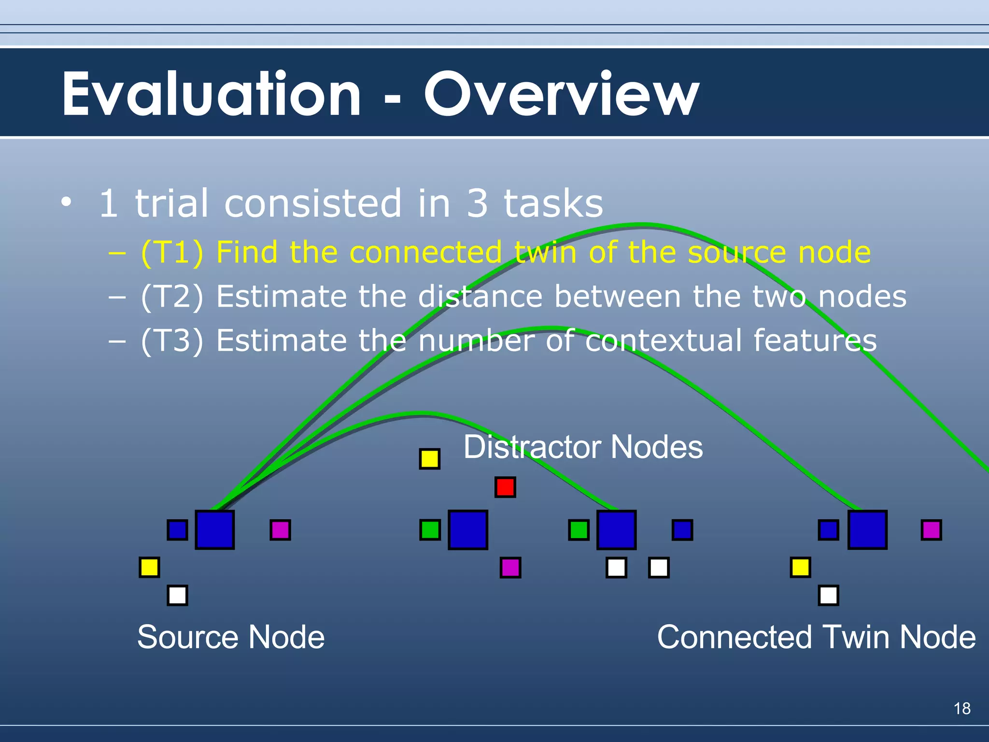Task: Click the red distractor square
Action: pos(505,487)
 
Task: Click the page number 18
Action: pos(962,709)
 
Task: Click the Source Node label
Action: pos(231,637)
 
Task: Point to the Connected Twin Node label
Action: pos(816,637)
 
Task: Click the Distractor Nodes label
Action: pos(583,447)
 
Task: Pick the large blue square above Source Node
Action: pos(215,530)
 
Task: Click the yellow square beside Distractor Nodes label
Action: pos(429,458)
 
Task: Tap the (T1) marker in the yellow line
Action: pos(172,253)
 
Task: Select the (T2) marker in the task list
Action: pos(172,297)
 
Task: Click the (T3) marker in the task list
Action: pos(172,341)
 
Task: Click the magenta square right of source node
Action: pos(280,530)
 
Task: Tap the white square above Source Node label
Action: pos(177,595)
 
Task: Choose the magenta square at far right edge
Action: pos(931,530)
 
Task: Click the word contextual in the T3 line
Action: pos(663,341)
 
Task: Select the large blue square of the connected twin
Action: pos(867,530)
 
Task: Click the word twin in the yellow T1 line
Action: pos(545,253)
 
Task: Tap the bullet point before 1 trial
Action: pos(67,201)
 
